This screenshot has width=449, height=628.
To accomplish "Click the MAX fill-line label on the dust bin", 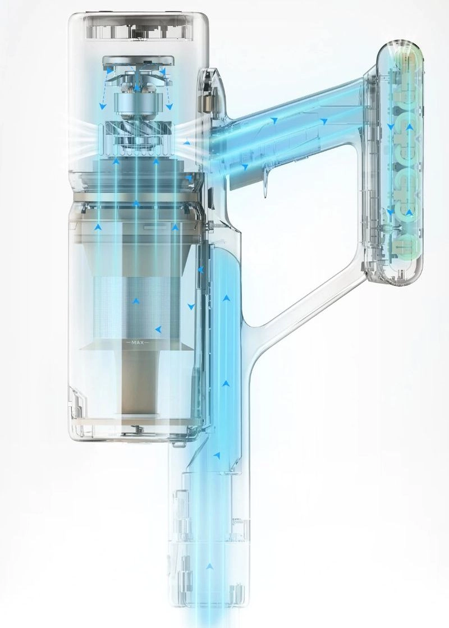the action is [x=138, y=342].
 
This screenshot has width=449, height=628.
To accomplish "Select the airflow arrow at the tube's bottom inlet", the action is [x=209, y=566].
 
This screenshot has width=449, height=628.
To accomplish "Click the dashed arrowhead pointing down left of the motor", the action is [x=103, y=107].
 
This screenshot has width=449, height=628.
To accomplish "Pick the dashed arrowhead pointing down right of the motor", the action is [x=170, y=107].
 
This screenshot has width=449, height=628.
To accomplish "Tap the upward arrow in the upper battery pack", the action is [x=409, y=127].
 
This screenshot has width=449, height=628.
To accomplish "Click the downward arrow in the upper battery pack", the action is [x=391, y=127].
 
